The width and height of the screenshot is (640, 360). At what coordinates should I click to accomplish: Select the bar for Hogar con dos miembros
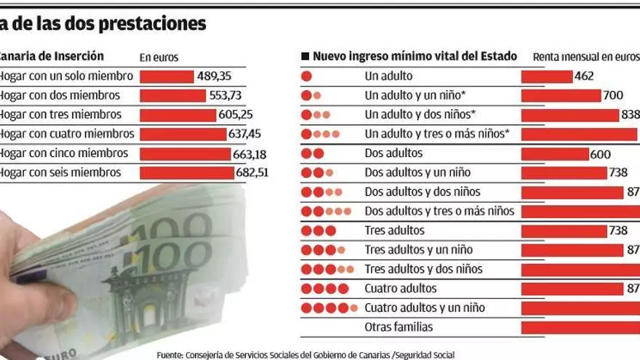pos(172,95)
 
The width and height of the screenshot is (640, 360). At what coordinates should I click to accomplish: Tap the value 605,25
pos(236,115)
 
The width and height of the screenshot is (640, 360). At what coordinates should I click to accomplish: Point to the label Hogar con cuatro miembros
pos(66,134)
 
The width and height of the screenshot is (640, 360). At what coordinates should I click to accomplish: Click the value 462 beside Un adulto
pos(584,76)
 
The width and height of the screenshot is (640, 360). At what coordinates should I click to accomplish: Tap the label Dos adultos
pos(393,153)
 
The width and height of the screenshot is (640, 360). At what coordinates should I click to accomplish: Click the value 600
pos(601,154)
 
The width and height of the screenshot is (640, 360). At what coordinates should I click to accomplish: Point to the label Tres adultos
pos(394,231)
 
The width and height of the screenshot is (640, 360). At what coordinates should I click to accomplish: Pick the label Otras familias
pos(399,327)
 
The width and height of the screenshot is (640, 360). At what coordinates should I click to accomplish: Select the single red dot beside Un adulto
pos(306,76)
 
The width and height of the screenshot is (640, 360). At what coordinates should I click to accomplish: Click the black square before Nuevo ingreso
pos(305,57)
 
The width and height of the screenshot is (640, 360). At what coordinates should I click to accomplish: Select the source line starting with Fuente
pos(305,355)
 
